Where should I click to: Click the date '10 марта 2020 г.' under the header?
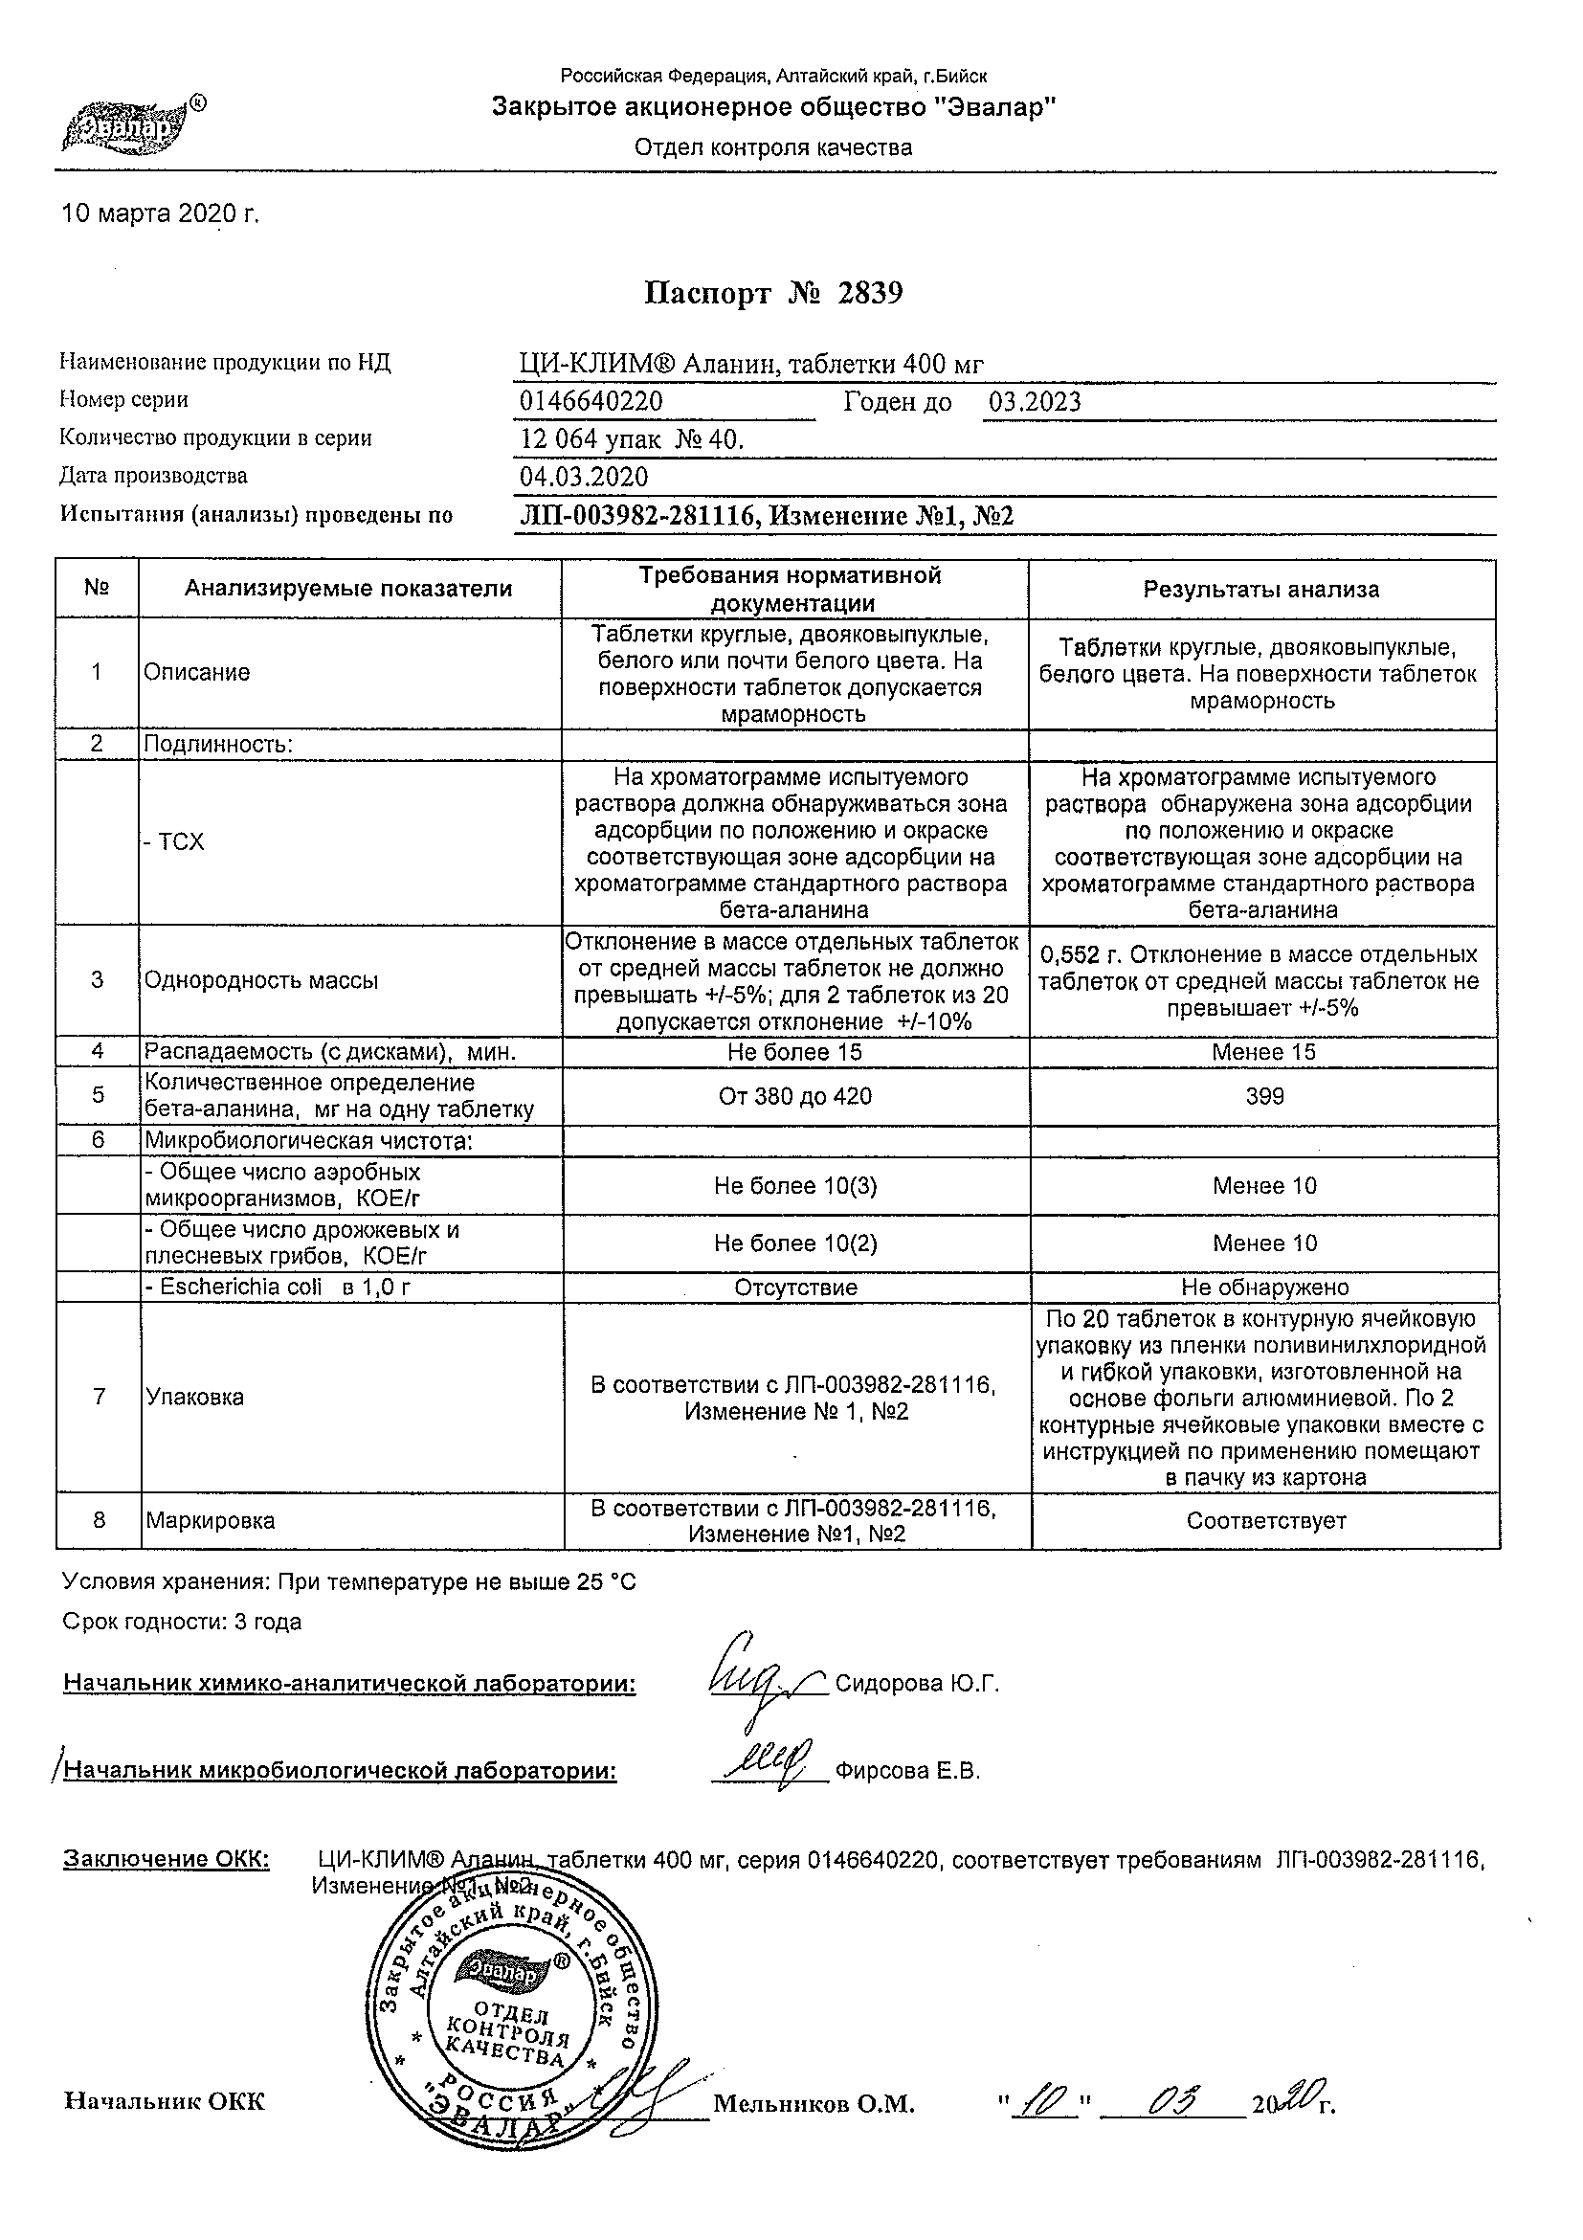(x=161, y=213)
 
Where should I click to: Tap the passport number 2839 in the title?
(x=870, y=294)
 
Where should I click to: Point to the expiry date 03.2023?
(x=1034, y=402)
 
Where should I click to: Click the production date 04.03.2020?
(x=584, y=477)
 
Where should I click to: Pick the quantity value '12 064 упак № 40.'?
(x=632, y=440)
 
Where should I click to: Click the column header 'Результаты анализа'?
(x=1261, y=591)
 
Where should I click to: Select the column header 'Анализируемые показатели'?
(x=348, y=589)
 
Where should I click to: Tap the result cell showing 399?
(x=1264, y=1097)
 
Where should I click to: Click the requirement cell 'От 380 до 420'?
(x=795, y=1097)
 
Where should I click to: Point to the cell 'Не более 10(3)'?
(x=795, y=1186)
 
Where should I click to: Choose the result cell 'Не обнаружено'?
(x=1264, y=1288)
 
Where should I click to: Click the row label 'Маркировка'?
(x=210, y=1521)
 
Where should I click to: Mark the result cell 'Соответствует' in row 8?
(x=1266, y=1521)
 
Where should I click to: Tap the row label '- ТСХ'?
(x=174, y=843)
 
